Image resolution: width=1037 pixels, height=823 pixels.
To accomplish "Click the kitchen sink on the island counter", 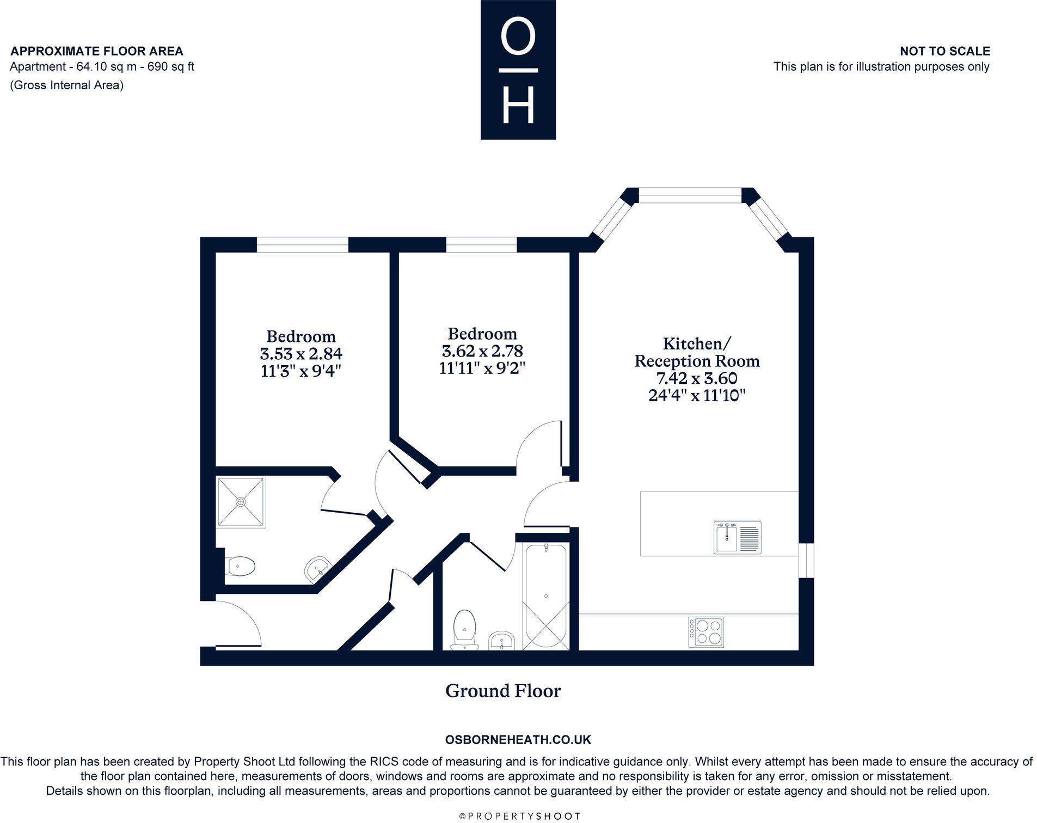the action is [737, 537].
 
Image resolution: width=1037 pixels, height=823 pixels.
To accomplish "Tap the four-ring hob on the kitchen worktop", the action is [706, 631].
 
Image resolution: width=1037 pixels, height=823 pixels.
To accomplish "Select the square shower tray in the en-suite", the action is [241, 501].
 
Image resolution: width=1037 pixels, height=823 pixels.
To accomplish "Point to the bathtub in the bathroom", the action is [546, 596].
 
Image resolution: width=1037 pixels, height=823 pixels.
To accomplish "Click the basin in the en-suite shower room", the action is [317, 569].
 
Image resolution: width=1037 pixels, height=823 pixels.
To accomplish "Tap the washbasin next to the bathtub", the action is [501, 640].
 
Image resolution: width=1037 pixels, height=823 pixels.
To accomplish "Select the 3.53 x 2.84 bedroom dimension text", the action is [301, 354].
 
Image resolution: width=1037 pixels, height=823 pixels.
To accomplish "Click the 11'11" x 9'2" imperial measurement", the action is [482, 368].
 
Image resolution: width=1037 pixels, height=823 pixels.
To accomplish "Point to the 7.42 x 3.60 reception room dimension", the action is [697, 378].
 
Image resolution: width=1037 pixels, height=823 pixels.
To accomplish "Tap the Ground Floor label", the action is [503, 691].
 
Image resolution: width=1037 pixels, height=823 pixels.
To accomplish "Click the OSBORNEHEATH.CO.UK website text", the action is [518, 740].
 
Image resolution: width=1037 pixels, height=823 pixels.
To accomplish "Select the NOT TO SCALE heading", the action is [945, 51].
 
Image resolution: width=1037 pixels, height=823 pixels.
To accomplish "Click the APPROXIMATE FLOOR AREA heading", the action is [97, 51].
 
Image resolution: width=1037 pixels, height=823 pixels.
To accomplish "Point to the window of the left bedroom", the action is [302, 245].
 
